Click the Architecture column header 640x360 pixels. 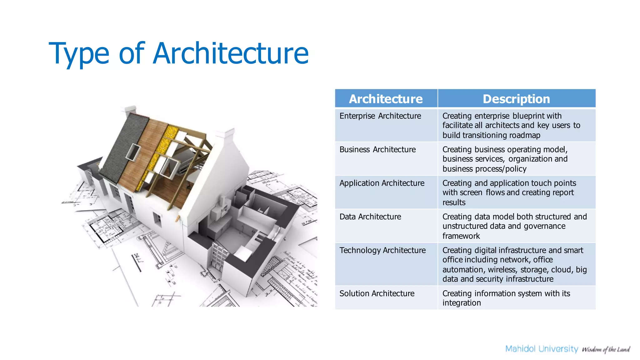pyautogui.click(x=386, y=99)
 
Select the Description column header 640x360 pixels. pyautogui.click(x=516, y=99)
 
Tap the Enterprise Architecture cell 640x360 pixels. pyautogui.click(x=380, y=116)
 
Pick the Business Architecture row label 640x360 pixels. pyautogui.click(x=377, y=150)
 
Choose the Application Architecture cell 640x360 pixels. pyautogui.click(x=382, y=183)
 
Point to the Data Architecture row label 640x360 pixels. pyautogui.click(x=370, y=217)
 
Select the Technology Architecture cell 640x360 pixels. pyautogui.click(x=382, y=250)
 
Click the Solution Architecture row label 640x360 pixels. pyautogui.click(x=377, y=293)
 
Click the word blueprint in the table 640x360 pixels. pyautogui.click(x=528, y=116)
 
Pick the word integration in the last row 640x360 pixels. pyautogui.click(x=462, y=303)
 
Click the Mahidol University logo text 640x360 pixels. pyautogui.click(x=542, y=349)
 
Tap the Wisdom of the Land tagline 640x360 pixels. pyautogui.click(x=606, y=349)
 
